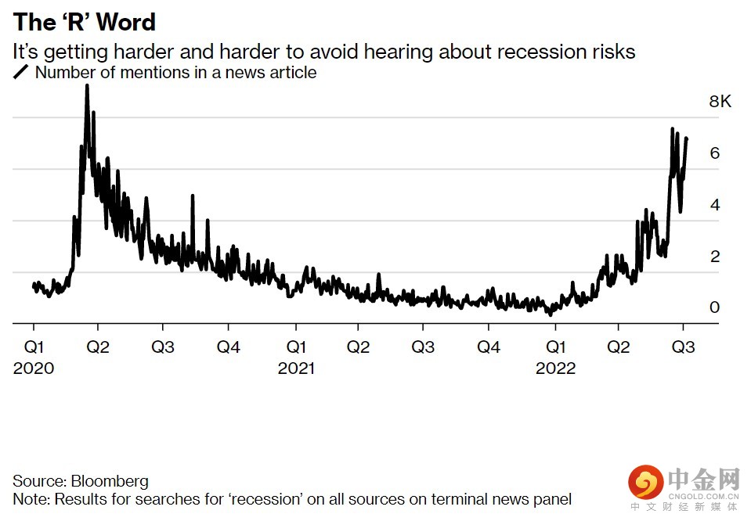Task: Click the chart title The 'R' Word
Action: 85,22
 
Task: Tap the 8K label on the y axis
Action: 720,102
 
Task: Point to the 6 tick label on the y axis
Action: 714,153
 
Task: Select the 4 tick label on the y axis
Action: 714,205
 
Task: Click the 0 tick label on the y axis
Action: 714,307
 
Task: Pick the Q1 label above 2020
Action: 34,347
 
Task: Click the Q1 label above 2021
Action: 296,347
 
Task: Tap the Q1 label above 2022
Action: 555,347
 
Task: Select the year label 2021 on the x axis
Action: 296,368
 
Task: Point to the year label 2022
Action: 555,368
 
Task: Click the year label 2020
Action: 34,368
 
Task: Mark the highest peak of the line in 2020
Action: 87,85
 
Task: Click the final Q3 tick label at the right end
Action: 684,347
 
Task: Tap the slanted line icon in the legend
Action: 20,73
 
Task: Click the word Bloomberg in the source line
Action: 110,481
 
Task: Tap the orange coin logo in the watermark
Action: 644,483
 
